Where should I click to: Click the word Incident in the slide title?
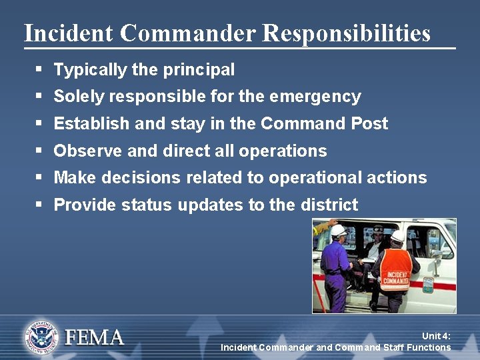(61, 33)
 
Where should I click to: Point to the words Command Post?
(324, 123)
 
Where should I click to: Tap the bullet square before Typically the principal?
(39, 69)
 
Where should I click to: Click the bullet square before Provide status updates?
(39, 205)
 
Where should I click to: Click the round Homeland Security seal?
(42, 337)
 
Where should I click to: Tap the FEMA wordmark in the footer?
(94, 337)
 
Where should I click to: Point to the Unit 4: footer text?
(436, 337)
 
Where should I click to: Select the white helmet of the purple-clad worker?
(338, 231)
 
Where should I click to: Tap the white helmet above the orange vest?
(398, 236)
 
